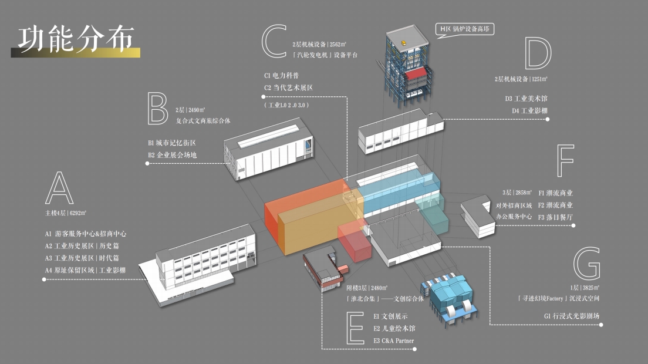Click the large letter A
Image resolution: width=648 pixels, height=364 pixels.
pyautogui.click(x=59, y=189)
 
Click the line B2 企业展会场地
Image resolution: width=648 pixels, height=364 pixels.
pyautogui.click(x=172, y=156)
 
